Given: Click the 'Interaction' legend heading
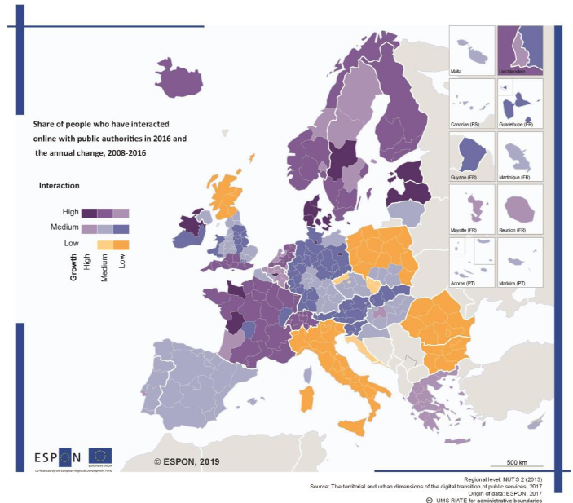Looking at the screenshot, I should pos(59,186).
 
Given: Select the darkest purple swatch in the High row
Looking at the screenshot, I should pos(82,212).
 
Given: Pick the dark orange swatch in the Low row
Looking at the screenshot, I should pos(121,244).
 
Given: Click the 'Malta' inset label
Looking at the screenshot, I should pos(457,72).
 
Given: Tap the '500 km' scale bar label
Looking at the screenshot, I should pos(518,462).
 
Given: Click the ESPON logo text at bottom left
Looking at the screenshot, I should pos(57,457).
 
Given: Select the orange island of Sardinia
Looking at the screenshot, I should pos(308,399).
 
